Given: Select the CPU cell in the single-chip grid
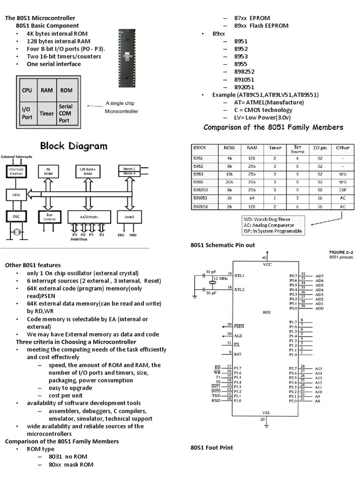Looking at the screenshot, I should coord(27,90).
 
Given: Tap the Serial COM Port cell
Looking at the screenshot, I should coord(66,113).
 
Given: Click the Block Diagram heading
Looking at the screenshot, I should coord(74,146).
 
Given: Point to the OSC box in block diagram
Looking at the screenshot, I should coord(16,216).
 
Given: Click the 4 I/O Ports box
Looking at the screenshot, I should coord(89,216).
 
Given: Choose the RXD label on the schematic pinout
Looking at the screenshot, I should coord(216,400).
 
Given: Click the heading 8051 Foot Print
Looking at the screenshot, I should coord(211,448).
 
